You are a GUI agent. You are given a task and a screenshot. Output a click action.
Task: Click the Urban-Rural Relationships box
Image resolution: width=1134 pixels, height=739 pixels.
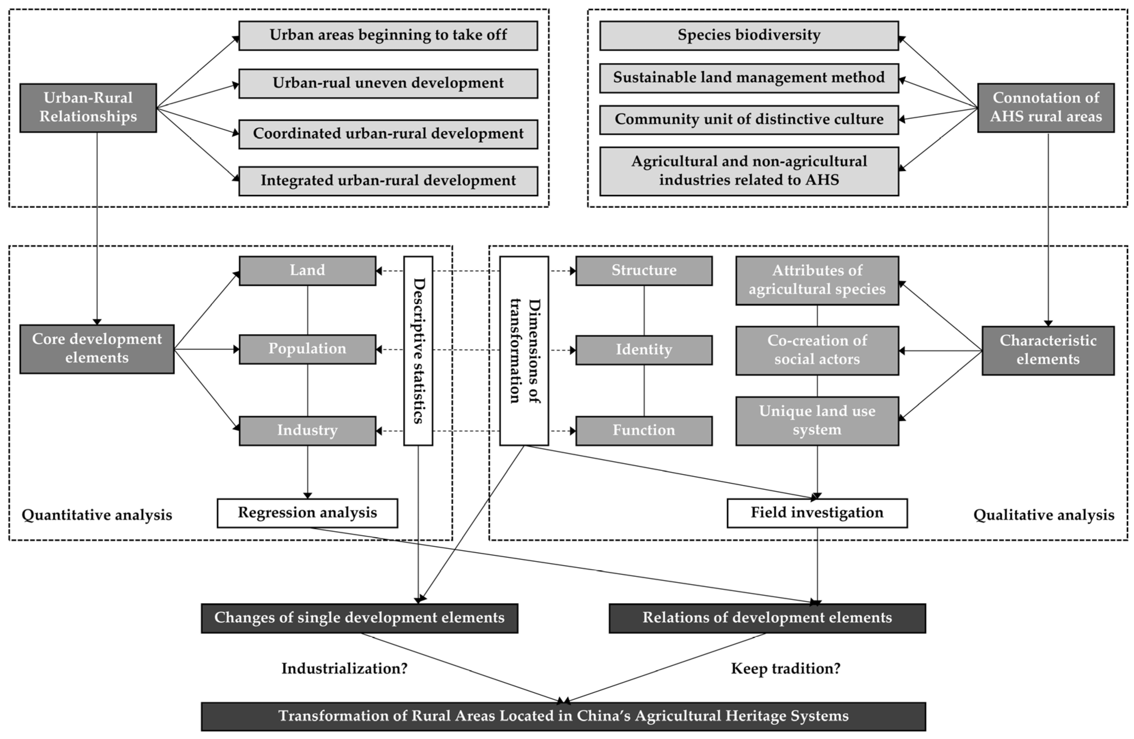coord(88,108)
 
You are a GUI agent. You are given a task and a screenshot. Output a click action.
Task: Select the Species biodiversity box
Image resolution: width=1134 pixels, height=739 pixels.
coord(749,35)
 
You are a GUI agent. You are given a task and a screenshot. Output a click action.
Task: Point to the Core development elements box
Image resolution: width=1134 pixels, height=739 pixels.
coord(97,349)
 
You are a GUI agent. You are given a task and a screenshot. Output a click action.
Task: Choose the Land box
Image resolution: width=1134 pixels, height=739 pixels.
coord(307,271)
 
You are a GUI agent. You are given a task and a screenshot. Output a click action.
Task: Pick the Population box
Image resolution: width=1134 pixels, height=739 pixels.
coord(307,349)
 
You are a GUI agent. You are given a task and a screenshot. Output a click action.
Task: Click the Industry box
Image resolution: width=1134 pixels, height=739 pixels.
coord(307,431)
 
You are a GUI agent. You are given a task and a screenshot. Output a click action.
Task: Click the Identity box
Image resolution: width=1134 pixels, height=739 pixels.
coord(644,350)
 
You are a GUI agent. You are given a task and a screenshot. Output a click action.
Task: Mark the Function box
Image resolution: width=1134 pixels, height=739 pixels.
coord(644,431)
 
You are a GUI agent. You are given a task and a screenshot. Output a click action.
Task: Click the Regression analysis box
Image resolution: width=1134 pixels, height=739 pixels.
coord(307,513)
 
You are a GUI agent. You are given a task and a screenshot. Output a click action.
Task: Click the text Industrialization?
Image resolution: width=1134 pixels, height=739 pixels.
coord(344,668)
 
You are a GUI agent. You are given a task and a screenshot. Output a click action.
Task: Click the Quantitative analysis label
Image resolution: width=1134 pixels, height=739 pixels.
coord(97,515)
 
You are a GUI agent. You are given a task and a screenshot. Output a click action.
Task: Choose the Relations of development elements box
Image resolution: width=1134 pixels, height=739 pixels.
coord(767,618)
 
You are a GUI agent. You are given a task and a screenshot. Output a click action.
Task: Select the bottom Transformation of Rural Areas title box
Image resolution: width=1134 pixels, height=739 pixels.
coord(563,716)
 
